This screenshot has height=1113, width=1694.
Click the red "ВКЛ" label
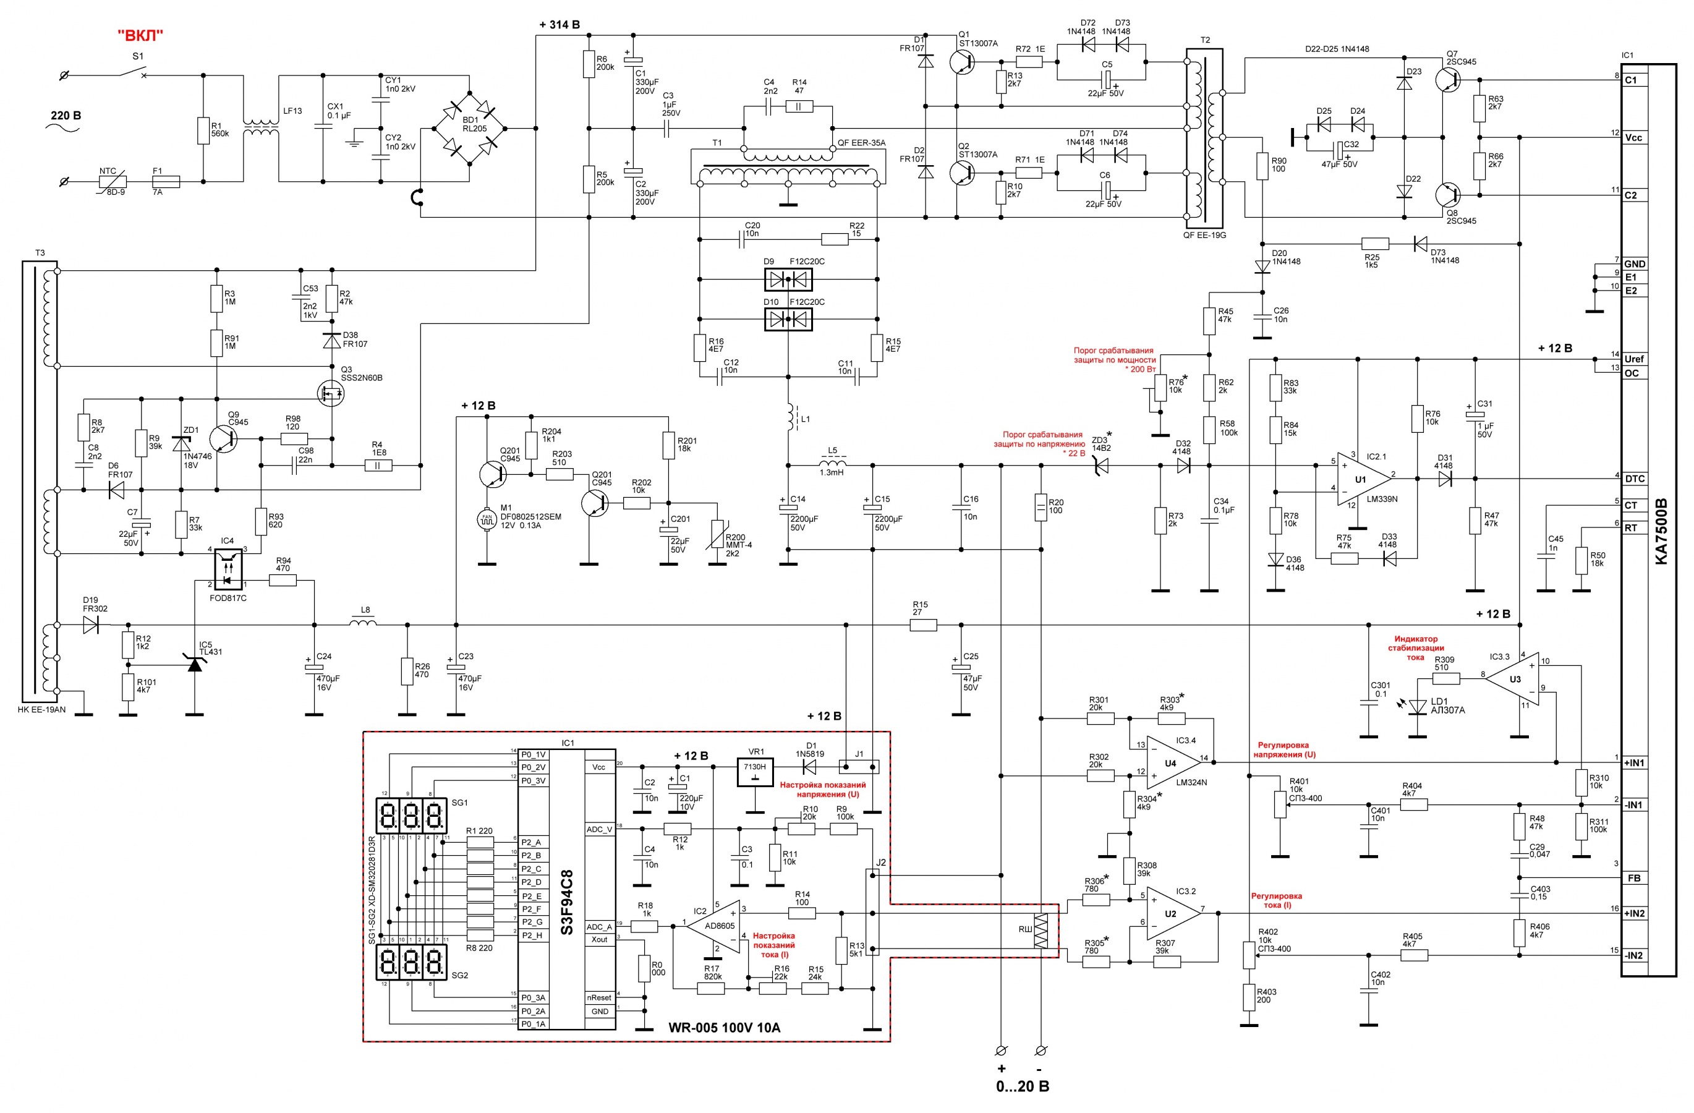coord(140,35)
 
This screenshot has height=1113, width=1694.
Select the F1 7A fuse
coord(166,181)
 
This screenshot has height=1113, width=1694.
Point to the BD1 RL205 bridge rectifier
coord(470,129)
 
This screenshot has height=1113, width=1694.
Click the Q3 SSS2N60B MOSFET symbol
coord(330,392)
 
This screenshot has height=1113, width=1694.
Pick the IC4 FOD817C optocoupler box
coord(228,569)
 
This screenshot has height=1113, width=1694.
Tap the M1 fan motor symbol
coord(487,519)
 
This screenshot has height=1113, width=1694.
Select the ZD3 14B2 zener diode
coord(1101,466)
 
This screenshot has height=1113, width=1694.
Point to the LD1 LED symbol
coord(1418,706)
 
